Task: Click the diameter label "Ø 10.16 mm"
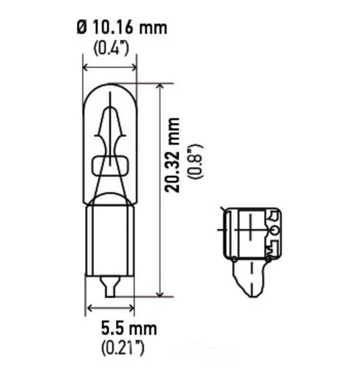122,28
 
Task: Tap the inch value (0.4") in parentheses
111,48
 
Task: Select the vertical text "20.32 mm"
172,155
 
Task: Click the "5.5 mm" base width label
129,328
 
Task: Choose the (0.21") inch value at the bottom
123,348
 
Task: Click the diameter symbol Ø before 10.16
82,28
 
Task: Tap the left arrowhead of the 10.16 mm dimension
85,68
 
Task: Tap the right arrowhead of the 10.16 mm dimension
134,68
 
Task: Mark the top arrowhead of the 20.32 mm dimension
160,86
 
